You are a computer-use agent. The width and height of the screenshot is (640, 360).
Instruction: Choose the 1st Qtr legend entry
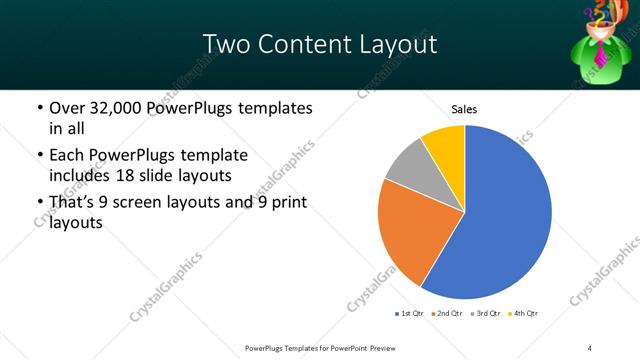click(x=409, y=314)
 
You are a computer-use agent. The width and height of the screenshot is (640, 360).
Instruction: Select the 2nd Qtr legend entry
click(x=447, y=314)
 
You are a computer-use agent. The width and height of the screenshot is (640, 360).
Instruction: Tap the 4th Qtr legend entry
click(x=524, y=314)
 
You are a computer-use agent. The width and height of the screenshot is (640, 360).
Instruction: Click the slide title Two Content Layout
click(x=319, y=45)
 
